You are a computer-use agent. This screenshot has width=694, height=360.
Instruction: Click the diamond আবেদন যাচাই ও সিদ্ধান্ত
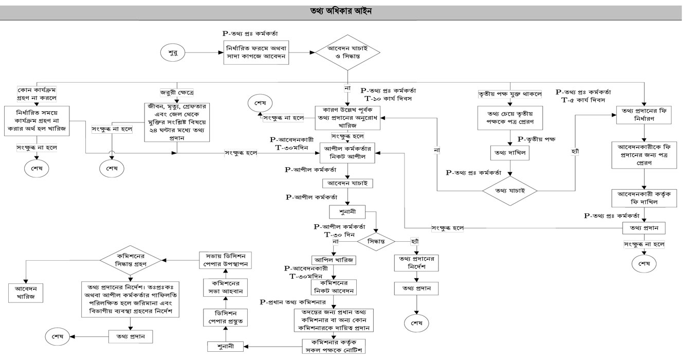click(347, 52)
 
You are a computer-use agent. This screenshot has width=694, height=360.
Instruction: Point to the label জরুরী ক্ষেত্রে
click(177, 93)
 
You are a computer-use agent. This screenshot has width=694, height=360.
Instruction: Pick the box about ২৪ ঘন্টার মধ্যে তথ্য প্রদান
click(177, 126)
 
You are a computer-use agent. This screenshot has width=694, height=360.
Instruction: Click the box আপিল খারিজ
click(333, 260)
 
